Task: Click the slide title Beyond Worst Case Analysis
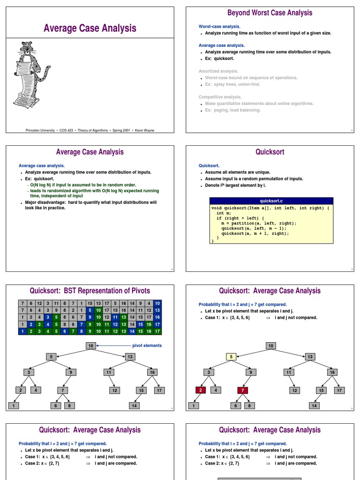270,13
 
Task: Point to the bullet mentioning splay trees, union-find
232,84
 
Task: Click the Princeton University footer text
90,130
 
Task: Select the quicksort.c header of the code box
271,201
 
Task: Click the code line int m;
224,213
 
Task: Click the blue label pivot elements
147,345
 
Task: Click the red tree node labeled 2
201,390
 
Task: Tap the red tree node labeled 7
242,390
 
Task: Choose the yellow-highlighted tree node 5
232,356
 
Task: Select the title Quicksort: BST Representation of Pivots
90,291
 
